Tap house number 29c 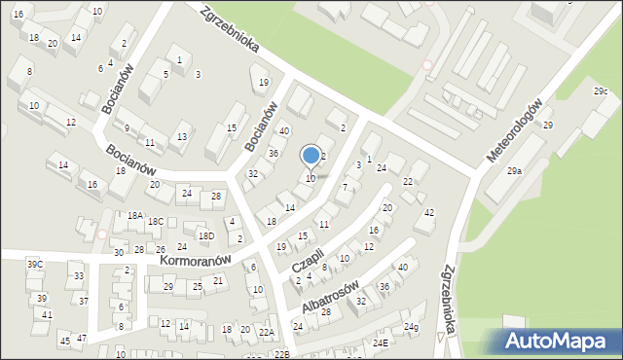[x=601, y=91]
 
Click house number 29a [x=514, y=171]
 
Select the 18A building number [x=134, y=216]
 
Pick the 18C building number [x=156, y=222]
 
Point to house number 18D [x=206, y=235]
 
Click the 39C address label [x=35, y=265]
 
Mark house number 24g [x=412, y=327]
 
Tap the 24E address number [x=380, y=343]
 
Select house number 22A [x=266, y=332]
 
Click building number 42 [x=429, y=212]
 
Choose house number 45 [x=64, y=341]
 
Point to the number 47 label [x=82, y=338]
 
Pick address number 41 [x=47, y=315]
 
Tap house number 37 [x=84, y=300]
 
